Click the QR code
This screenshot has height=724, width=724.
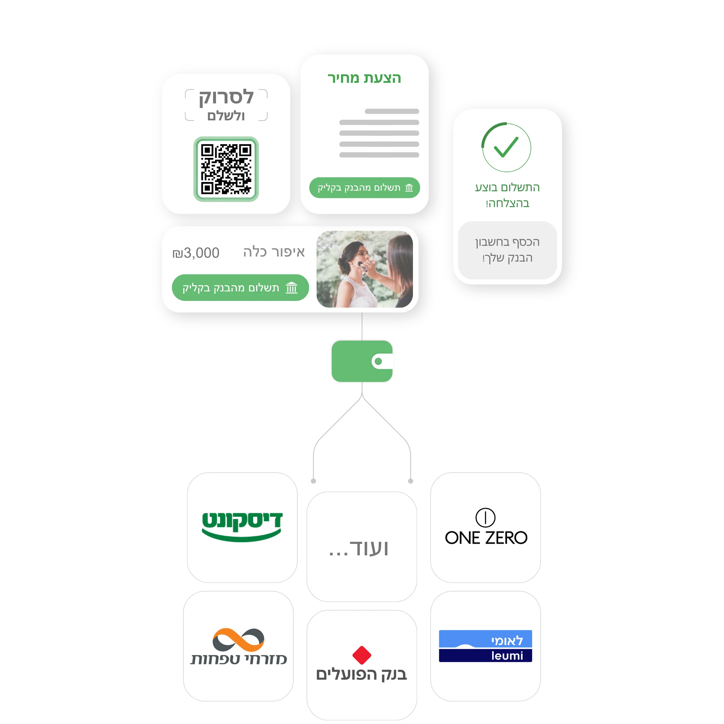(226, 169)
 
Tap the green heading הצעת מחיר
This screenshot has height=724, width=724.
(364, 78)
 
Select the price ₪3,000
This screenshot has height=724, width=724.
(196, 253)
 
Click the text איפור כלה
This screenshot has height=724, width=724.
(274, 252)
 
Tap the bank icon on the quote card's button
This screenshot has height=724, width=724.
(409, 188)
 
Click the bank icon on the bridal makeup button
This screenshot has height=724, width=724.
(292, 288)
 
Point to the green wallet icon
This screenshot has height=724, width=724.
(362, 361)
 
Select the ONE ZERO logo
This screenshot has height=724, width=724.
(486, 527)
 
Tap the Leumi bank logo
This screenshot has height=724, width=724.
(485, 646)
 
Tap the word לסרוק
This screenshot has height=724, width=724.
(226, 97)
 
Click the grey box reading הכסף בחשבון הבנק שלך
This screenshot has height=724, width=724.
(507, 250)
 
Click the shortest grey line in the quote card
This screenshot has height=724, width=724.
(391, 111)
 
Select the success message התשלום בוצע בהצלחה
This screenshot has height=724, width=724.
(507, 195)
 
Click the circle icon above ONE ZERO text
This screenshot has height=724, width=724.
(485, 518)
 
